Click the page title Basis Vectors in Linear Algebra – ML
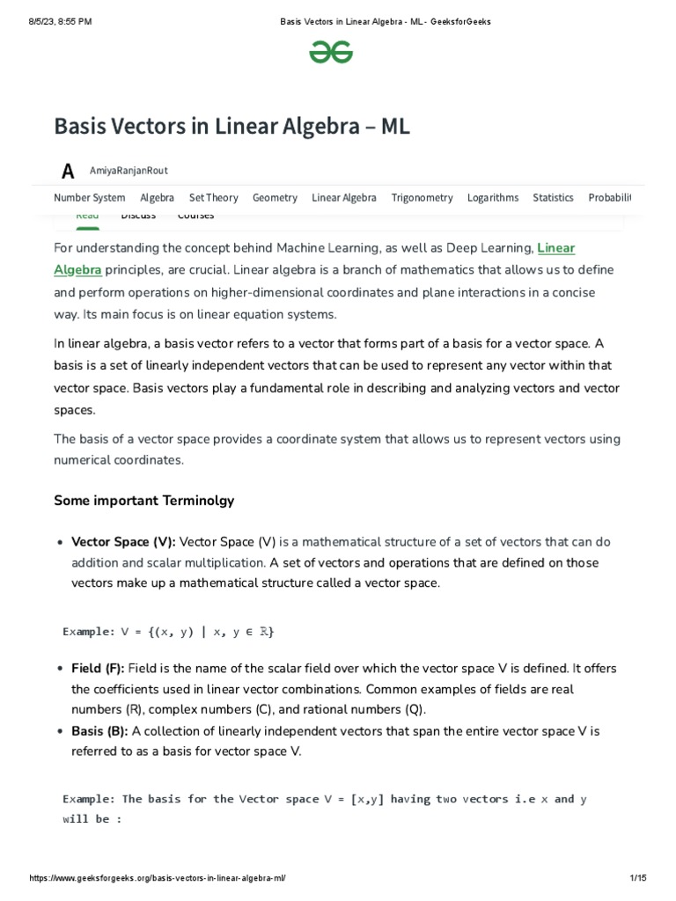(232, 127)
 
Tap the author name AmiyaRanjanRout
(129, 171)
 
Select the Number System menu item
(90, 198)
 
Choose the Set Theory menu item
(214, 198)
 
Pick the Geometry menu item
(275, 198)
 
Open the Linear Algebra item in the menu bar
(344, 198)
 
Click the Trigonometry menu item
(422, 198)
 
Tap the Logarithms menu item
(493, 198)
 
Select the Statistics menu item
(553, 198)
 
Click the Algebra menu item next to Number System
(157, 198)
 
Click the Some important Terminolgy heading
(144, 501)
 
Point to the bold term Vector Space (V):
(123, 541)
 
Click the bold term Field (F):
(98, 668)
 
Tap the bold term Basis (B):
(99, 731)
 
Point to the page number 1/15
(639, 879)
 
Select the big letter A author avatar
(68, 172)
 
